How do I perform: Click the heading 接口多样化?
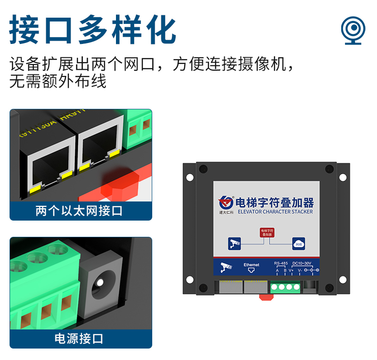pos(93,30)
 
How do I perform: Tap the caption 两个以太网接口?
pos(79,211)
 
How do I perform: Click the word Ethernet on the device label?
pos(251,264)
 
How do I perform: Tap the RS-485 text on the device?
pos(281,263)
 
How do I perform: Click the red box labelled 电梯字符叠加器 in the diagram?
pos(267,233)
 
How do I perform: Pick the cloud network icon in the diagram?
pos(299,244)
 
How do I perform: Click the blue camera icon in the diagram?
pos(234,244)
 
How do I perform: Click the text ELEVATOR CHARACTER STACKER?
pos(275,211)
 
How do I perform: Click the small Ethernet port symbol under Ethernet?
pos(251,271)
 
